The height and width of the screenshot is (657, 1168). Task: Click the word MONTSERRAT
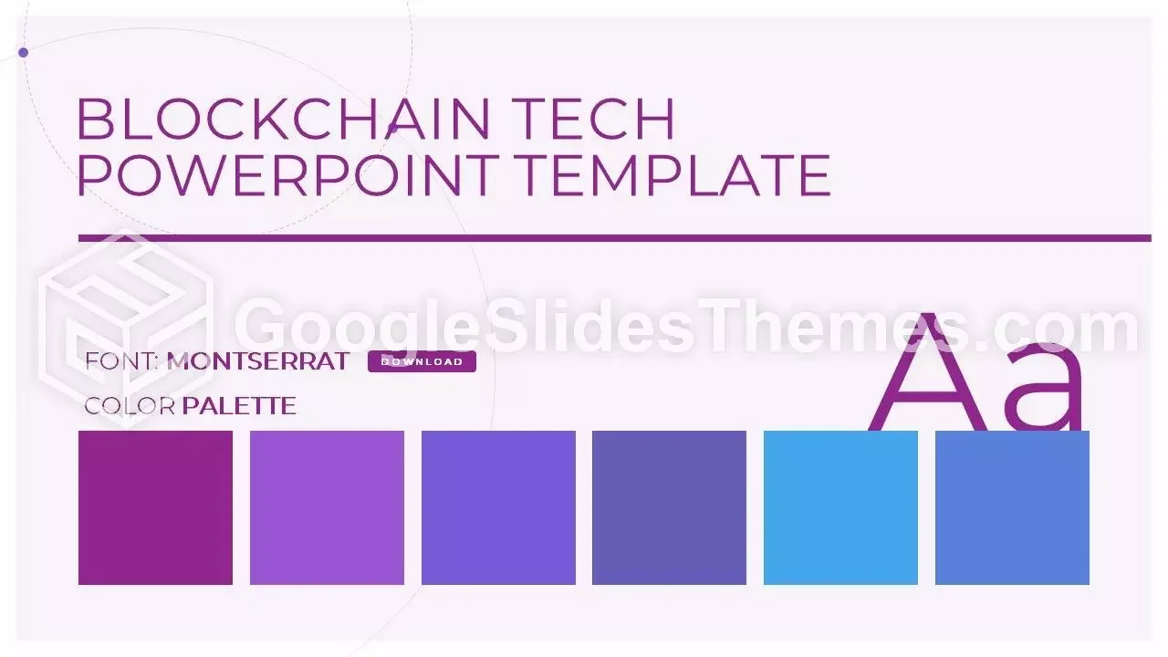(258, 361)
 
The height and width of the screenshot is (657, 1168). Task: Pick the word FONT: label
(122, 361)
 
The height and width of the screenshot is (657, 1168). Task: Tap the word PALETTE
(239, 406)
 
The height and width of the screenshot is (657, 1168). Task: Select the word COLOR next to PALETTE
(130, 406)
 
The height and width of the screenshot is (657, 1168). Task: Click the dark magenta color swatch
(155, 507)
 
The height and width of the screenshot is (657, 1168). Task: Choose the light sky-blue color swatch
(840, 507)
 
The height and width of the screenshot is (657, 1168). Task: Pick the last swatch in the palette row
(1012, 507)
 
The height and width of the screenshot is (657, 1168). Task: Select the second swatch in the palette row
(327, 507)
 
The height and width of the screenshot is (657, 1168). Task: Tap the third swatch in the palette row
(498, 507)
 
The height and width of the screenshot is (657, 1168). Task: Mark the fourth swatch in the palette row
(669, 507)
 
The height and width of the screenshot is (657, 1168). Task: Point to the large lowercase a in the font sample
(1046, 388)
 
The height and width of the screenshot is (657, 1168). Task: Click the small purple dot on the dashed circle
(24, 52)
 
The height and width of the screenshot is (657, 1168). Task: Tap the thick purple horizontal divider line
(614, 238)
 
